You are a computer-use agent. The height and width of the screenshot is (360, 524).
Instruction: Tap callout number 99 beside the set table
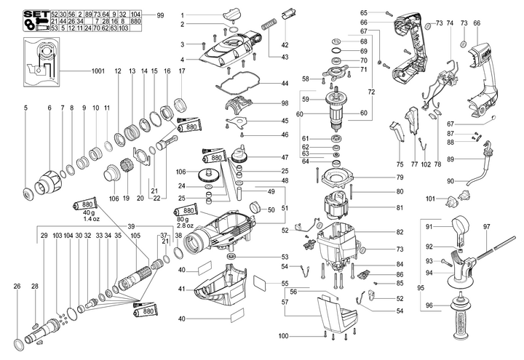tap(160, 15)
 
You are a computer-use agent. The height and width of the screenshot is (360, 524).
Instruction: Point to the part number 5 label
tap(25, 108)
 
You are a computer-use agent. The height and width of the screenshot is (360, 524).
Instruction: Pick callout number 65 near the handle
tap(363, 12)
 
